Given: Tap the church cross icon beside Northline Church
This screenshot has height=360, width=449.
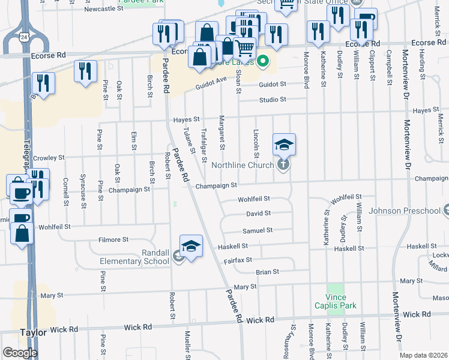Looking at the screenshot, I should pyautogui.click(x=284, y=164).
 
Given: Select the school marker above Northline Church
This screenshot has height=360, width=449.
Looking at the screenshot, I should pyautogui.click(x=284, y=145).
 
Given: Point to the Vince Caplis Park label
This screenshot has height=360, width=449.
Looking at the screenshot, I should pyautogui.click(x=336, y=301).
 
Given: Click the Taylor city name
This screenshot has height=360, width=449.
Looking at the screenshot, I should pyautogui.click(x=33, y=332).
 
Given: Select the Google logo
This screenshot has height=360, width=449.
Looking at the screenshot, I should pyautogui.click(x=19, y=352).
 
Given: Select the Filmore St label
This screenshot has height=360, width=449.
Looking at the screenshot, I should pyautogui.click(x=114, y=239).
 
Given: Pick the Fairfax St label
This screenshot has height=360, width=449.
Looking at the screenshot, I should pyautogui.click(x=238, y=260).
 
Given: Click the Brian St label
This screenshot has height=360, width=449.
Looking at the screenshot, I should pyautogui.click(x=267, y=272).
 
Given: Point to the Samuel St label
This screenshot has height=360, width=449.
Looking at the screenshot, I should pyautogui.click(x=258, y=230).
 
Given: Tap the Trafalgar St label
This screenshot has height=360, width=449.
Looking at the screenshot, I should pyautogui.click(x=204, y=146).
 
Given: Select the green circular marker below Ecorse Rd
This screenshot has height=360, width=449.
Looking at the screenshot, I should pyautogui.click(x=263, y=62).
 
